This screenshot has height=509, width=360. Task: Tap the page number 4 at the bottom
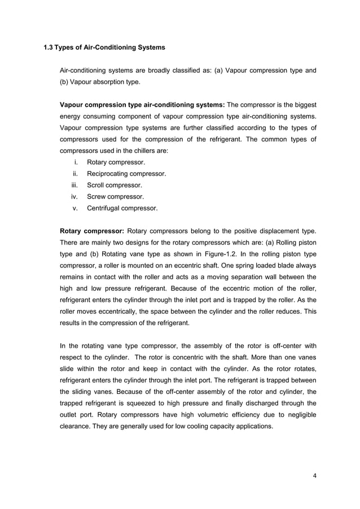314,475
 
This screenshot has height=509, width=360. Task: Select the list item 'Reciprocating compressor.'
126,174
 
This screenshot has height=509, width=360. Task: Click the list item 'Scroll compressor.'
114,185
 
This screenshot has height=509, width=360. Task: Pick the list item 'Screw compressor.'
115,197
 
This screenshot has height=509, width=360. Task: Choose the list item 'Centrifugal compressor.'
122,208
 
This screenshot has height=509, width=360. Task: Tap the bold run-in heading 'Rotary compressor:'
92,231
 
